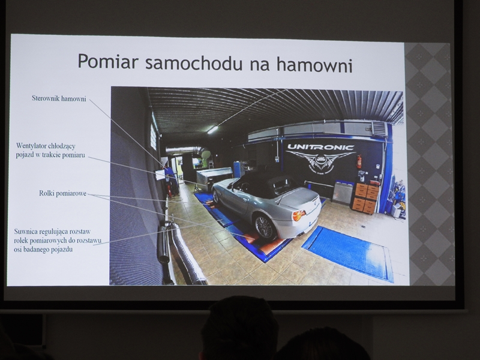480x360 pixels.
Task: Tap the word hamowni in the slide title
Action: click(x=314, y=64)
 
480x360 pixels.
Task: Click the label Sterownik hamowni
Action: click(x=59, y=98)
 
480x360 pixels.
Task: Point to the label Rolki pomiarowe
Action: click(x=63, y=193)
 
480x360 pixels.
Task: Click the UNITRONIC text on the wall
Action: click(x=320, y=147)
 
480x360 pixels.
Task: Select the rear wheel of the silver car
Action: click(x=264, y=227)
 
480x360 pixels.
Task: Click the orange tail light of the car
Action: click(x=298, y=215)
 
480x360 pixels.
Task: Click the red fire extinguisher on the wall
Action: click(x=359, y=161)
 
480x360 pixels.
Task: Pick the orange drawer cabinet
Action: click(x=365, y=197)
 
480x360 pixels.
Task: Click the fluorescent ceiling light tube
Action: click(x=212, y=130)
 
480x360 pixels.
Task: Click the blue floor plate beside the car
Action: click(x=348, y=253)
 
